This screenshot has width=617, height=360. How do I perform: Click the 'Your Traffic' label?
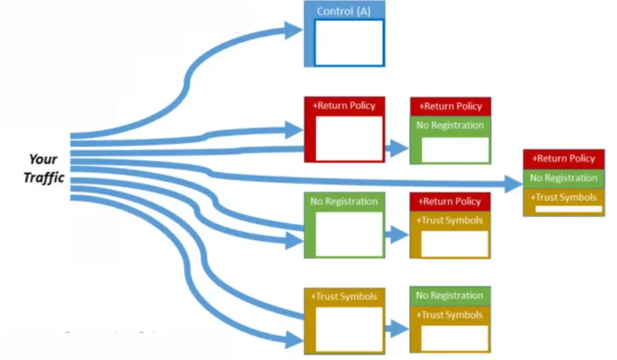(x=43, y=168)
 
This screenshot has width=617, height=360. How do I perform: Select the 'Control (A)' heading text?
(x=343, y=11)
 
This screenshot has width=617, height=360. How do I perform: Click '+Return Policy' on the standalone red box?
(x=343, y=106)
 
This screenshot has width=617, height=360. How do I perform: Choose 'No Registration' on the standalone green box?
(x=343, y=201)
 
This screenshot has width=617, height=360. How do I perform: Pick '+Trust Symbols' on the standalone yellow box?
(x=343, y=296)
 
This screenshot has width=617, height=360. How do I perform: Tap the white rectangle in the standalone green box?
(x=349, y=234)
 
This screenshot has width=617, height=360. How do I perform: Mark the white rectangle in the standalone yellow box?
(x=349, y=329)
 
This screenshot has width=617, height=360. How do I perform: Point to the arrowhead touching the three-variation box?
(x=513, y=183)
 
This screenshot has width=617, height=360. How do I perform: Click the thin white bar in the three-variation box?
(x=568, y=209)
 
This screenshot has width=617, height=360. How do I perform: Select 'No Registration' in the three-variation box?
(x=563, y=178)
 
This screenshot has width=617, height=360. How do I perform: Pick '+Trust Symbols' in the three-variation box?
(x=563, y=197)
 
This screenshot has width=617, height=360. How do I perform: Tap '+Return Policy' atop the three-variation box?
(x=563, y=159)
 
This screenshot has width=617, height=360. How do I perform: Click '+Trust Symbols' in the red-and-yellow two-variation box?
(x=450, y=220)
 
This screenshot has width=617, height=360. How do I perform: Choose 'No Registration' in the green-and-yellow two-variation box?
(x=450, y=295)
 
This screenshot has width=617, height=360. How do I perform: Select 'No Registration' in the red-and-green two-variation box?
(x=450, y=125)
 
